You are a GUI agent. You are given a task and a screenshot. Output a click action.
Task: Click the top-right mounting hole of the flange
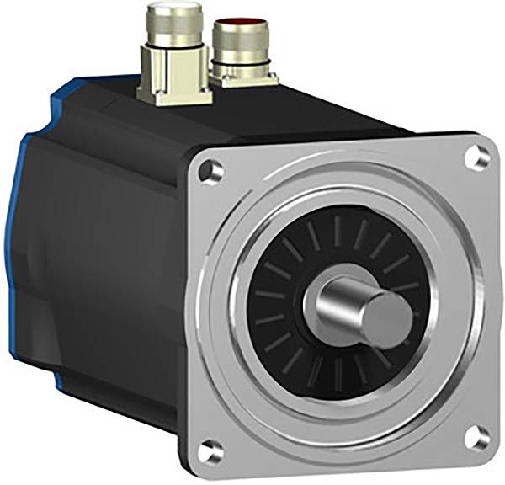(478, 156)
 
